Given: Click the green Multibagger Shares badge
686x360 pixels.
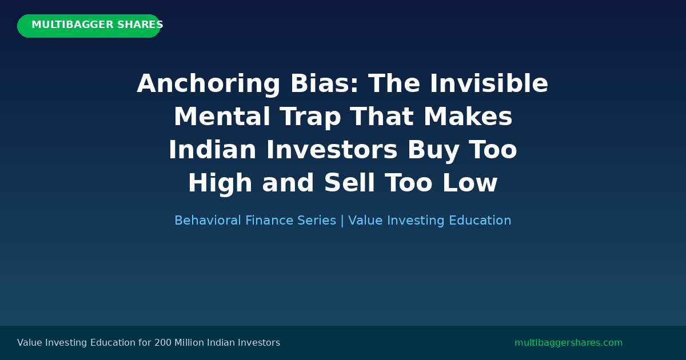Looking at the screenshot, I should point(89,26).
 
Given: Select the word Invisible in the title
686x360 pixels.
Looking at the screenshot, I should point(489,85).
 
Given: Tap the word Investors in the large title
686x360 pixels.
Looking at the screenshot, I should point(332,151).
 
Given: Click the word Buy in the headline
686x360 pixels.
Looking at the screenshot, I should point(432,151).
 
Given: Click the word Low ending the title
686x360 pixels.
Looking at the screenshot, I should point(473,184).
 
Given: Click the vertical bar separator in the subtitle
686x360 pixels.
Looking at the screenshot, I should point(342,221).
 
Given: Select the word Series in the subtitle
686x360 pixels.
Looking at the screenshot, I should point(317,221).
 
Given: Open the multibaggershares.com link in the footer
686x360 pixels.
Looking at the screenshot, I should point(568,343).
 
